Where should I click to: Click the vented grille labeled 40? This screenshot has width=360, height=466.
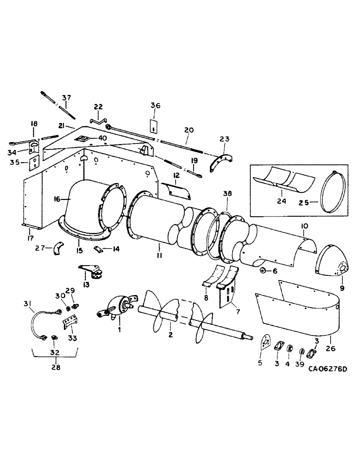(x=83, y=138)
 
